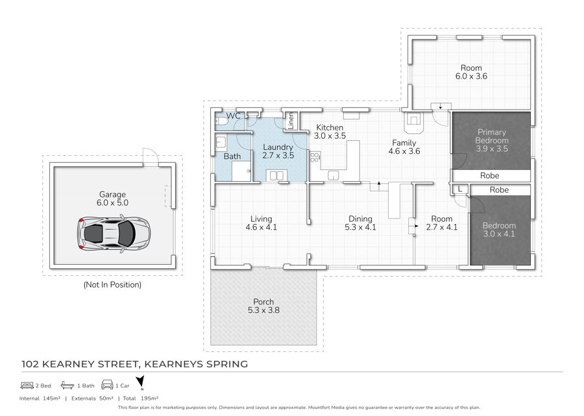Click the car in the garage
click(114, 234)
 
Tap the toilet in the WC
click(221, 122)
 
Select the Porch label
click(263, 302)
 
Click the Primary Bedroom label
click(492, 136)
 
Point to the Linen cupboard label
click(291, 120)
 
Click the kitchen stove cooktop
click(315, 157)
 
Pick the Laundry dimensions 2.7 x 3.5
click(278, 156)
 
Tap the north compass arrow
click(140, 382)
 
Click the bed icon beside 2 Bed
click(27, 385)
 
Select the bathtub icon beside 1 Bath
click(67, 385)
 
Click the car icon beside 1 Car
click(107, 385)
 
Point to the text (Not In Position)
click(112, 285)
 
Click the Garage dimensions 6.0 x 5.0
click(112, 203)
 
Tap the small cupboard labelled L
click(460, 190)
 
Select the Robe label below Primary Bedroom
click(489, 175)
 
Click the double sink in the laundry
click(276, 175)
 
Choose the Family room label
click(404, 143)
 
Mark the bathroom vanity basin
click(221, 142)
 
